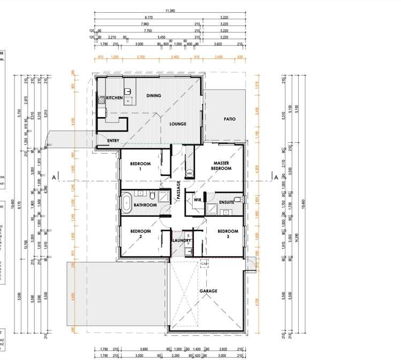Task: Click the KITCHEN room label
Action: click(114, 98)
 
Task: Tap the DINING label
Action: click(154, 96)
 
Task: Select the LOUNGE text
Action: click(178, 124)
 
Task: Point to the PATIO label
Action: click(229, 119)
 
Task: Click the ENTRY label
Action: click(113, 141)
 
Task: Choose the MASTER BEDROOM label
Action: click(222, 165)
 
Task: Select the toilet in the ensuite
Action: click(241, 200)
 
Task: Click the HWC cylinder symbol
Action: click(190, 173)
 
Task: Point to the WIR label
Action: click(197, 200)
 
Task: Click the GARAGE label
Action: click(208, 291)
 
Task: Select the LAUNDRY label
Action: click(182, 241)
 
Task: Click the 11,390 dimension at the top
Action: click(170, 10)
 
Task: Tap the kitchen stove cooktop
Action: click(101, 99)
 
